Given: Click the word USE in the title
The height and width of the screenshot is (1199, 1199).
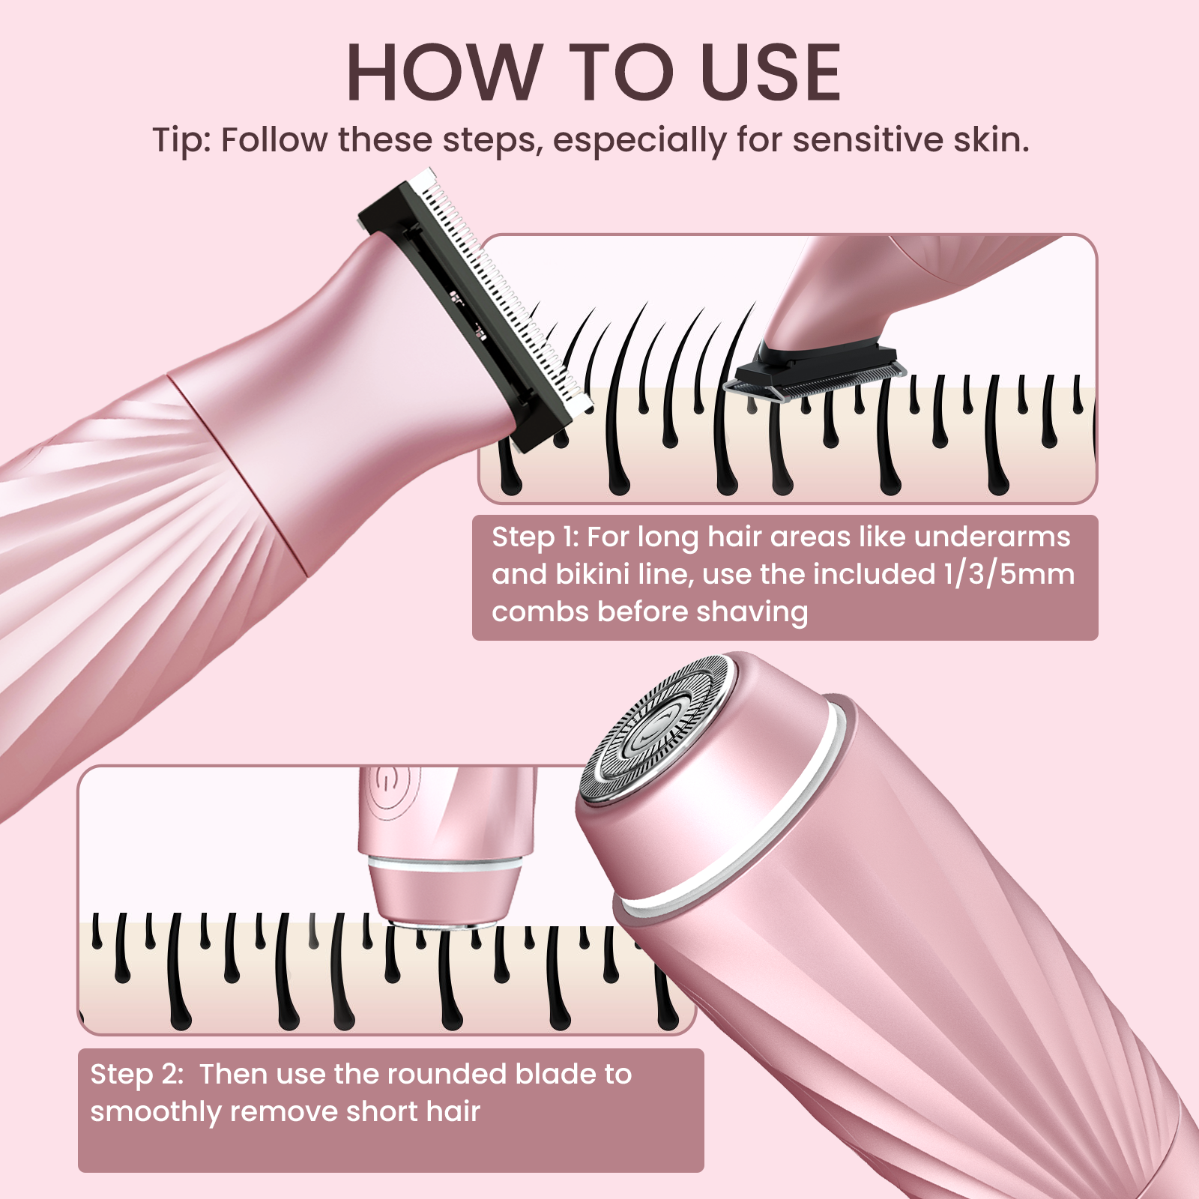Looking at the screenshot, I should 773,73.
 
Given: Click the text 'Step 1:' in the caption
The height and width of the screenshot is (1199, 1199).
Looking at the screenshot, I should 534,537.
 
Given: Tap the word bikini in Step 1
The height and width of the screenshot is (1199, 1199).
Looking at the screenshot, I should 592,574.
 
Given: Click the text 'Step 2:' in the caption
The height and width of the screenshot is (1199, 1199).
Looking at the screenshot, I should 136,1074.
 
